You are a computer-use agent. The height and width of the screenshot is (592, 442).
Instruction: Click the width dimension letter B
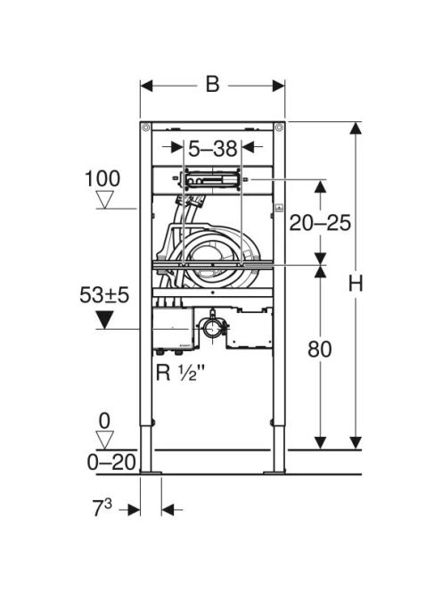[x=212, y=84]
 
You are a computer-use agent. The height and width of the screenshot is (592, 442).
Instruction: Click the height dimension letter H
[x=356, y=284]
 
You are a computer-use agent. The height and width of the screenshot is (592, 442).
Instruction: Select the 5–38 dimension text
[x=212, y=148]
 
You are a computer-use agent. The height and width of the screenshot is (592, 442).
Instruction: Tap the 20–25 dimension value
[x=320, y=223]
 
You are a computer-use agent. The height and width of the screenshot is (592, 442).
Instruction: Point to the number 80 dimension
[x=320, y=349]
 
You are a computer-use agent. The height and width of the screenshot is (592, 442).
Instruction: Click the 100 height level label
[x=102, y=178]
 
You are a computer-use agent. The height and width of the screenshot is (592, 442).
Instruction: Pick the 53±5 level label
[x=104, y=295]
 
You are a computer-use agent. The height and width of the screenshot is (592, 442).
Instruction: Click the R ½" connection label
[x=180, y=373]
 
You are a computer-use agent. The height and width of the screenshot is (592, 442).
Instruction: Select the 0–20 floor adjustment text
[x=111, y=462]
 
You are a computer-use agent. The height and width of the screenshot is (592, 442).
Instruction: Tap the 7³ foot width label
[x=102, y=508]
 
